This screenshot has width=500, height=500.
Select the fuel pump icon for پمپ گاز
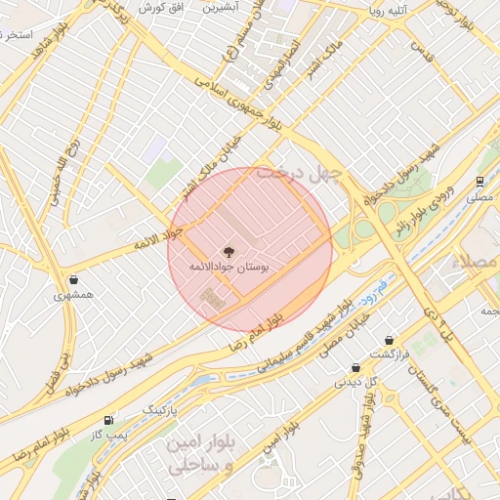pyautogui.click(x=106, y=420)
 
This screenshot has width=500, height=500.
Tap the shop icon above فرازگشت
pyautogui.click(x=390, y=340)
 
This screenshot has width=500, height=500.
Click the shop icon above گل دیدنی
pyautogui.click(x=356, y=367)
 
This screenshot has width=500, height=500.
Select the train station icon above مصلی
pyautogui.click(x=479, y=182)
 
